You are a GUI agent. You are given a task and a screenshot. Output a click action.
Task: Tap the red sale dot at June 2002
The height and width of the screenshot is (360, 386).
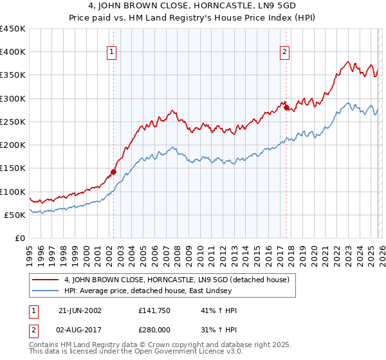114,172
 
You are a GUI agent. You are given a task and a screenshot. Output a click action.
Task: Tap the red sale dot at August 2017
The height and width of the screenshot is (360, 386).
286,108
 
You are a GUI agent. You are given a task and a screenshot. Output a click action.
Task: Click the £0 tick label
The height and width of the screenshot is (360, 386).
21,238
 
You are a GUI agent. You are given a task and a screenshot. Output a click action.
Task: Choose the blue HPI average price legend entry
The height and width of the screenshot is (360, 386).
161,291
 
